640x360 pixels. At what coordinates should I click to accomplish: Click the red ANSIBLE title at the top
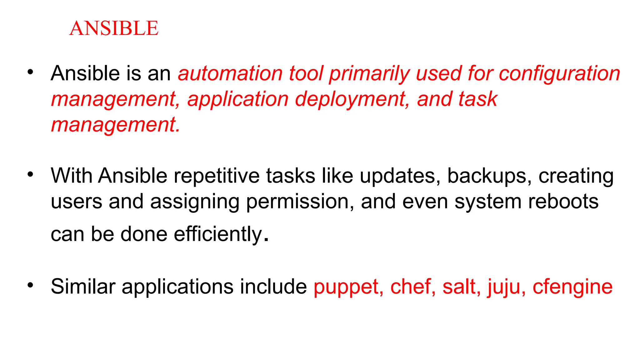[114, 28]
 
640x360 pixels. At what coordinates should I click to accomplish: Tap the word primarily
[369, 74]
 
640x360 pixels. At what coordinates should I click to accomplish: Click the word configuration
[559, 74]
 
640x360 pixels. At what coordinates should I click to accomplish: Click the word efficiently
[218, 234]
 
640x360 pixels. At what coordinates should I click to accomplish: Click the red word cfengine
[572, 287]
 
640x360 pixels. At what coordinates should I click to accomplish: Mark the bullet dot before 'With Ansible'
[30, 174]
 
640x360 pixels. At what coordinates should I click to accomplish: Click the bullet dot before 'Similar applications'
[30, 285]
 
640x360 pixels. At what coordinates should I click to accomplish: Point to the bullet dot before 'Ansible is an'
[30, 72]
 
